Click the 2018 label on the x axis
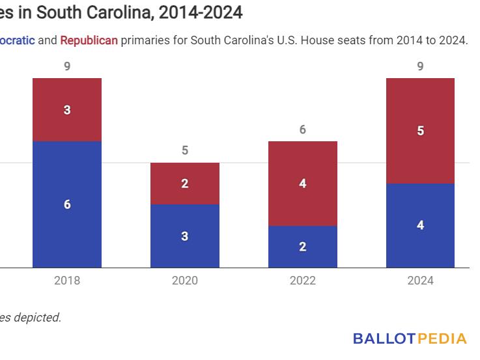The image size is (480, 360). [67, 281]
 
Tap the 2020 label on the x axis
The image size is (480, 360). [185, 281]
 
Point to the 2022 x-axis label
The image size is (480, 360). [303, 281]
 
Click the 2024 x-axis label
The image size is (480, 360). [420, 281]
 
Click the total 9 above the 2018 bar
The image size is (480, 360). [67, 66]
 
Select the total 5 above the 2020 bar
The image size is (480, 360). [185, 150]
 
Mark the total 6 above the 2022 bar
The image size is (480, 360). [303, 130]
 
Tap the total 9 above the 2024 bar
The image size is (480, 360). [420, 66]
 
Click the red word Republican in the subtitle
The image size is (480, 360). [89, 40]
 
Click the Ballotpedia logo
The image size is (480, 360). [410, 339]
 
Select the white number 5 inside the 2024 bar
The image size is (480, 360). [420, 131]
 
